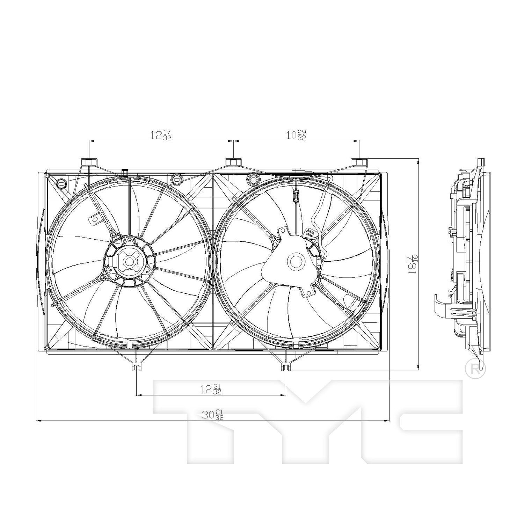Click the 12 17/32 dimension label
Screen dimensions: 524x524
161,135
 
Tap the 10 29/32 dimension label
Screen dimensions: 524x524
296,135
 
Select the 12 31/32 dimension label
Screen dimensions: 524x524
211,389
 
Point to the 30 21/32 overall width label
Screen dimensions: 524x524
213,415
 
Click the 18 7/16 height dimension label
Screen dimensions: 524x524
414,264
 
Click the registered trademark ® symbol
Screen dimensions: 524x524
475,368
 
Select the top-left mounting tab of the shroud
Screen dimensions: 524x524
89,162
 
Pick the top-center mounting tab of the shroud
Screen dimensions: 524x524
233,162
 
